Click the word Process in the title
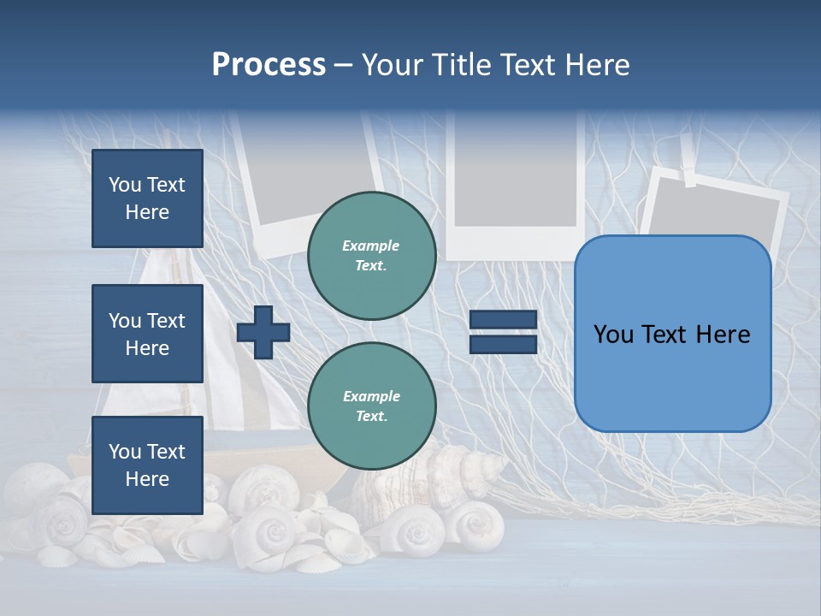(x=269, y=65)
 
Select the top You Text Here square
(x=147, y=198)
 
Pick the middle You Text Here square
(x=147, y=334)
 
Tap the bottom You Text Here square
(x=147, y=465)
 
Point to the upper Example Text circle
(x=371, y=256)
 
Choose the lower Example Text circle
(x=371, y=406)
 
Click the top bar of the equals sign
(x=504, y=320)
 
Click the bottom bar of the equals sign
(x=504, y=345)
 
